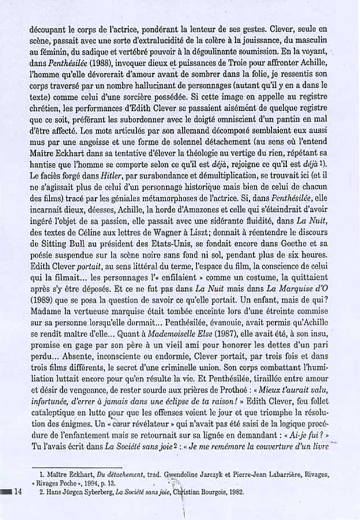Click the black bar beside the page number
pyautogui.click(x=5, y=492)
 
